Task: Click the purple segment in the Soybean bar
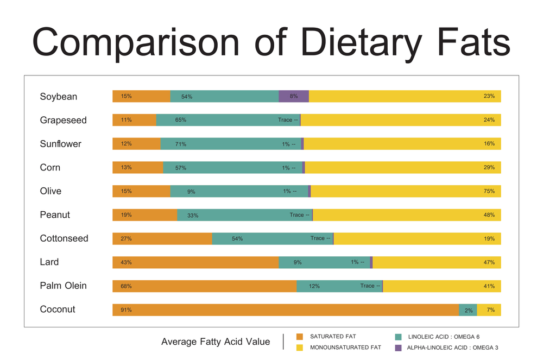[294, 96]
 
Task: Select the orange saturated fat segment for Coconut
[286, 310]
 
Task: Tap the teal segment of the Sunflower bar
[231, 144]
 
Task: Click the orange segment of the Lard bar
[195, 262]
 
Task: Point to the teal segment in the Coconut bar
[468, 310]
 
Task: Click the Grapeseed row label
[63, 120]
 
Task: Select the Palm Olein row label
[63, 286]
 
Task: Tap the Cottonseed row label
[64, 238]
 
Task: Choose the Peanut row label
[55, 214]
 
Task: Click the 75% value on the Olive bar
[489, 191]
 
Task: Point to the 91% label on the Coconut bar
[126, 310]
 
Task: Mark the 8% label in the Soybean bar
[294, 96]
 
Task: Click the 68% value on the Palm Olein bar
[126, 286]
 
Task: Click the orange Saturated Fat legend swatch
[299, 337]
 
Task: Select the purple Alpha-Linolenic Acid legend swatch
[398, 348]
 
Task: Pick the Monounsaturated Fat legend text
[345, 348]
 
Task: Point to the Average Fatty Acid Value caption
[216, 342]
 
